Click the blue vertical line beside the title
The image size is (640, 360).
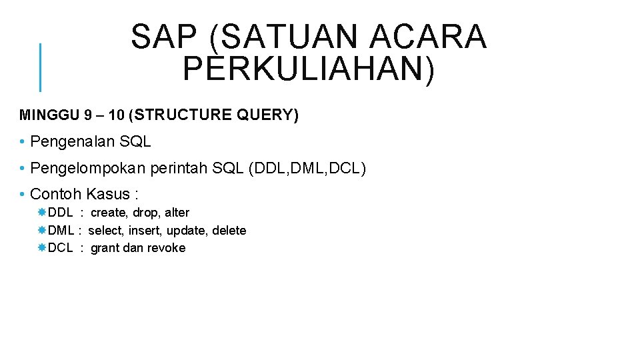[x=41, y=67]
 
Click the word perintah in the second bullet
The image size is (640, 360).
[x=179, y=168]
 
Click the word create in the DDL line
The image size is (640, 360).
[x=109, y=213]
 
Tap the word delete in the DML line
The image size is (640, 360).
[x=229, y=231]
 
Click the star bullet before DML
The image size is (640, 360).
[x=41, y=230]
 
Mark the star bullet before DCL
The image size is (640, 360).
[x=41, y=247]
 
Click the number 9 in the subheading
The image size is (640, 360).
[x=88, y=115]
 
